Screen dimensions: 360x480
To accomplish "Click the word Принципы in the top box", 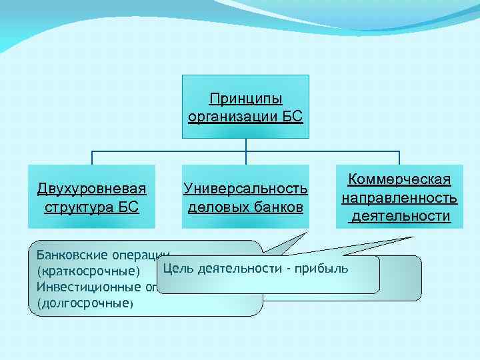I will click(x=245, y=99).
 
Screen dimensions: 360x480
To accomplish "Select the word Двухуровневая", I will click(x=92, y=189).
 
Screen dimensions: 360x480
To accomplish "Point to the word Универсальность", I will click(x=245, y=189).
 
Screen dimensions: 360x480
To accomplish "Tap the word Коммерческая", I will click(x=399, y=180).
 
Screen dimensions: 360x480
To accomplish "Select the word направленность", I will click(x=399, y=198).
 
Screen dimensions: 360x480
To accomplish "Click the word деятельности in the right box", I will click(x=399, y=216).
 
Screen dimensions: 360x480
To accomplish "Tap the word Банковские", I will click(x=67, y=255).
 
